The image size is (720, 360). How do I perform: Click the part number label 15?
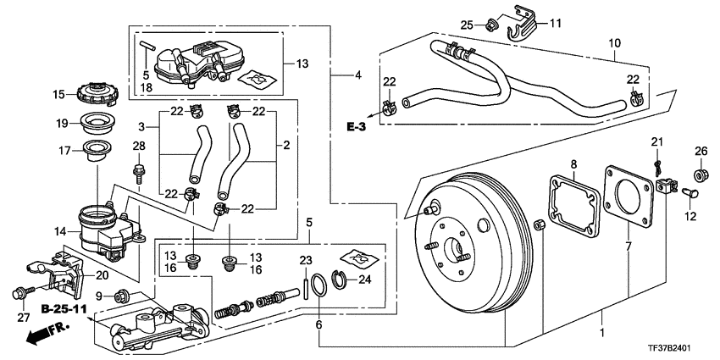click(59, 94)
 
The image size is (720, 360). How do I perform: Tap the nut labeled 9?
click(122, 296)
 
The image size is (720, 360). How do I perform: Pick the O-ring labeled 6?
click(317, 285)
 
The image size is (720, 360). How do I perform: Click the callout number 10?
click(614, 41)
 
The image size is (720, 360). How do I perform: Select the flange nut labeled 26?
click(700, 176)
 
